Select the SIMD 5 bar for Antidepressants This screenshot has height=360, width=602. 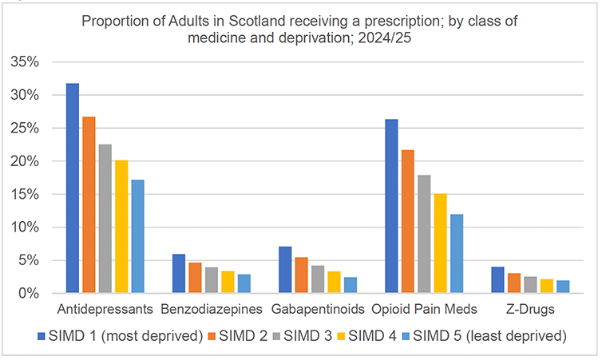pos(137,236)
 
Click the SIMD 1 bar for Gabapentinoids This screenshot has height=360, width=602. pos(286,270)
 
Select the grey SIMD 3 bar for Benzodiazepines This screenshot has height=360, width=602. pos(212,280)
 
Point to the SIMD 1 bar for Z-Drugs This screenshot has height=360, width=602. pos(497,280)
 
